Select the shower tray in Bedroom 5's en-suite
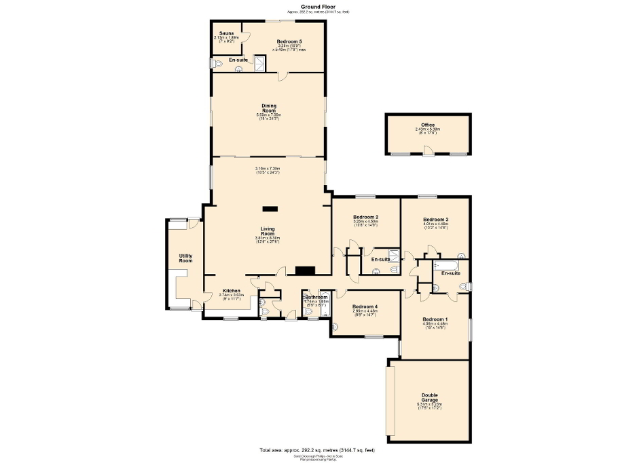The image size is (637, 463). (259, 62)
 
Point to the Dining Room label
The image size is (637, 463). (268, 108)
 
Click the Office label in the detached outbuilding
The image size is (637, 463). (427, 125)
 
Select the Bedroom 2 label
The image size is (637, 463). (365, 217)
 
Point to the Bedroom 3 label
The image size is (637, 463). (435, 220)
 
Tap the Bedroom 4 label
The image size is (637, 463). (365, 307)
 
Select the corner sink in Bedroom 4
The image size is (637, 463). (335, 329)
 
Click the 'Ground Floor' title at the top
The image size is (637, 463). (318, 6)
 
